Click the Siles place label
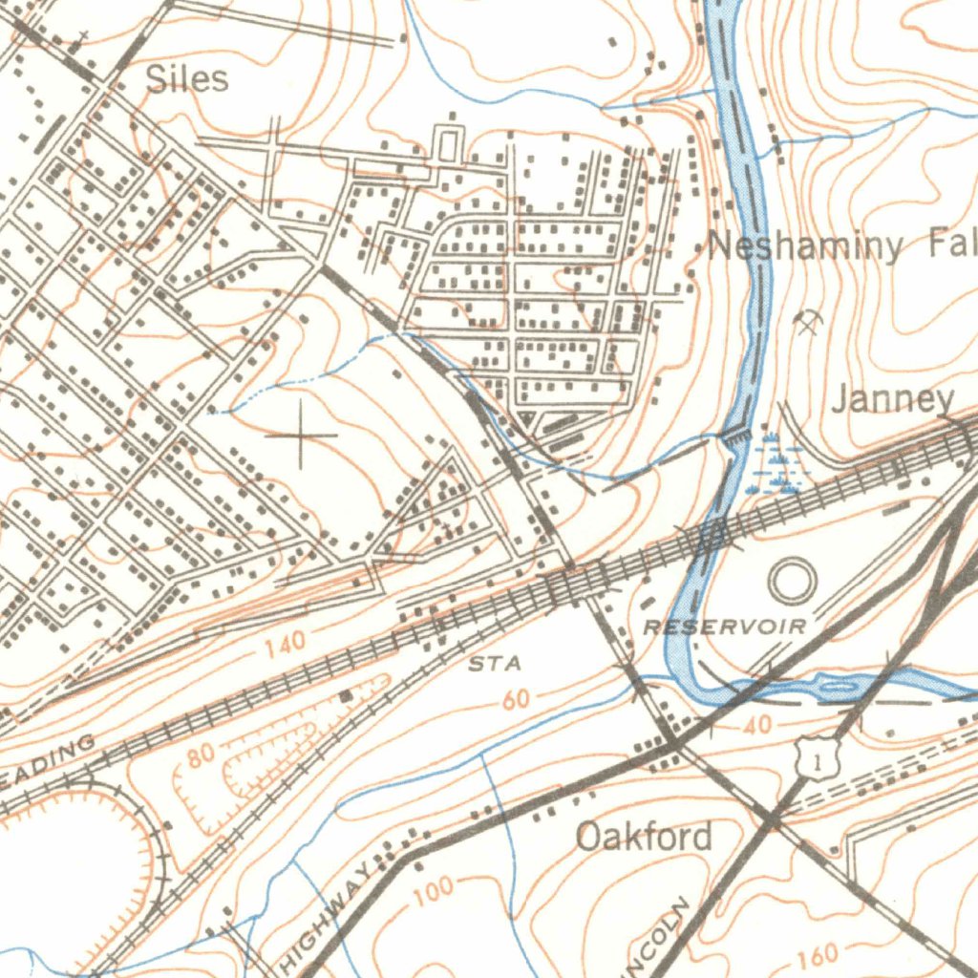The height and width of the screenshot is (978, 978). [x=187, y=78]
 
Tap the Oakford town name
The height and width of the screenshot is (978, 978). [x=645, y=838]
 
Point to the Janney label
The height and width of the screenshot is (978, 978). [x=892, y=399]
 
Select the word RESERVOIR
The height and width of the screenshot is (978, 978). [x=725, y=627]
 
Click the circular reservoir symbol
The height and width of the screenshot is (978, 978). [x=792, y=581]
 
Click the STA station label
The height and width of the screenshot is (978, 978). [x=495, y=663]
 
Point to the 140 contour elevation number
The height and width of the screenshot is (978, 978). [x=286, y=647]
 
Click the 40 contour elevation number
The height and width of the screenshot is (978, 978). [x=756, y=726]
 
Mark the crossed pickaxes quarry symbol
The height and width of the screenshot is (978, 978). [x=809, y=323]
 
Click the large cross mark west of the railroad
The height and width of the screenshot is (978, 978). [x=301, y=436]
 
